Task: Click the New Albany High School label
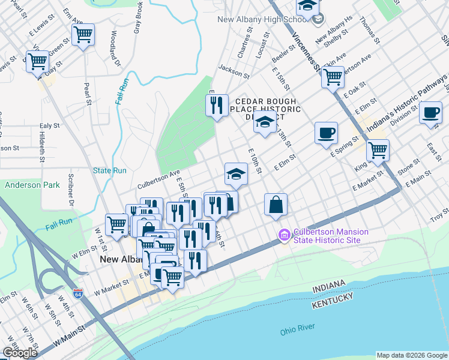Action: click(263, 20)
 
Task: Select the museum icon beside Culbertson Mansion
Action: click(283, 234)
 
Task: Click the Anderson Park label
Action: click(32, 185)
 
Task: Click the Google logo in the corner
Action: click(20, 353)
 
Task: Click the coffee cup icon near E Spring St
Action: click(326, 132)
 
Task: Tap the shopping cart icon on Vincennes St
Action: click(333, 77)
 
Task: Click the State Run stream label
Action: click(109, 170)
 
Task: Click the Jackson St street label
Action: click(234, 71)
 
